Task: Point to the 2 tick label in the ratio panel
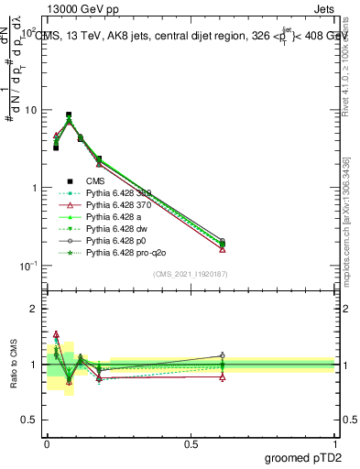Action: pos(35,310)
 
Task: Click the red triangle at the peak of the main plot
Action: pos(69,119)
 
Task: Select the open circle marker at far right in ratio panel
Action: pos(223,354)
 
